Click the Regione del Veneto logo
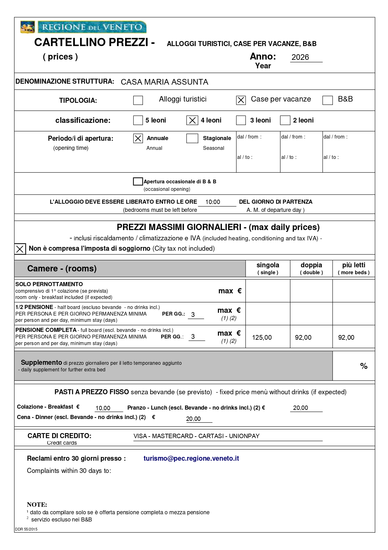[x=83, y=27]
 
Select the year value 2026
[x=300, y=57]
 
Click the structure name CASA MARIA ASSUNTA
[x=164, y=82]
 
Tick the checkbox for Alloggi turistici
[x=138, y=100]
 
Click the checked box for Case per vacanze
[x=241, y=100]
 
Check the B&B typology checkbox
[x=327, y=100]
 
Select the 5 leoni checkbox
[x=138, y=120]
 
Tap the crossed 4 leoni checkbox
[x=192, y=120]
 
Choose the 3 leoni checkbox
[x=241, y=120]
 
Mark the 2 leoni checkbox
[x=285, y=120]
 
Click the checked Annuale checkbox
[x=138, y=139]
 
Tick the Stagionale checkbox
[x=192, y=139]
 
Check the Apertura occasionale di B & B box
[x=138, y=181]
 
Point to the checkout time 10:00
[x=213, y=202]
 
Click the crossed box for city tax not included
[x=20, y=249]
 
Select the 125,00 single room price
[x=262, y=338]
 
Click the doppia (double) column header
[x=311, y=268]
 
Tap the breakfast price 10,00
[x=103, y=408]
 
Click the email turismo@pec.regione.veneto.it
[x=191, y=458]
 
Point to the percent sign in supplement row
[x=364, y=366]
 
